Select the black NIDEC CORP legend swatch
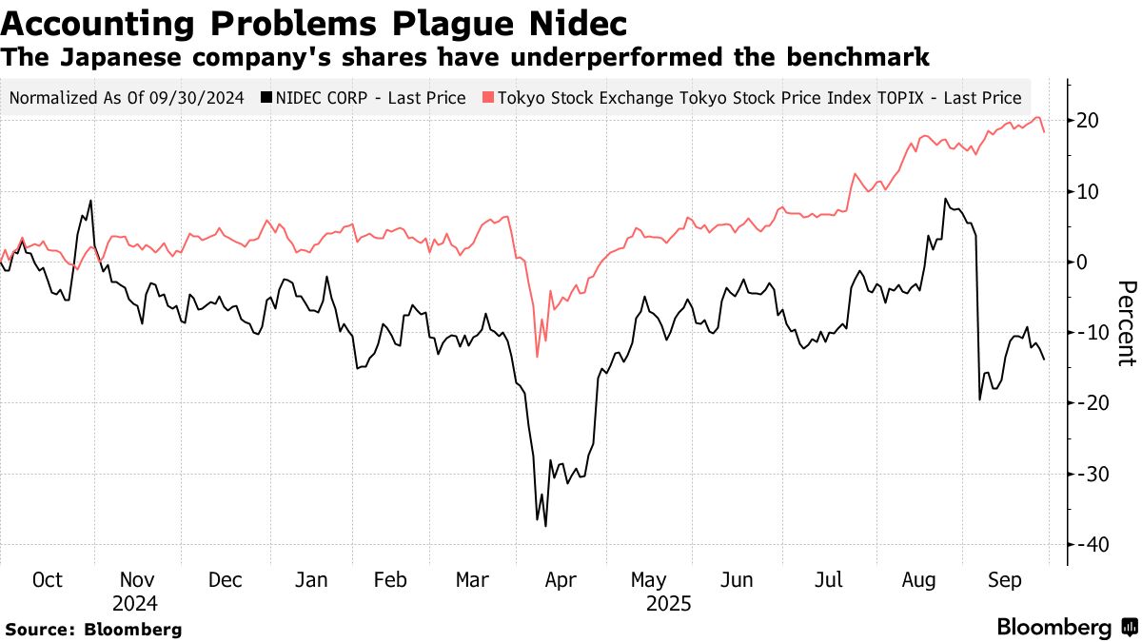click(268, 97)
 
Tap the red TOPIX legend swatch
click(487, 97)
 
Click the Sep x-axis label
click(1004, 580)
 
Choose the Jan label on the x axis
click(311, 580)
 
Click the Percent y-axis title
click(1127, 323)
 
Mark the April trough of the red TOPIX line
click(538, 357)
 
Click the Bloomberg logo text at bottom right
click(1054, 628)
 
